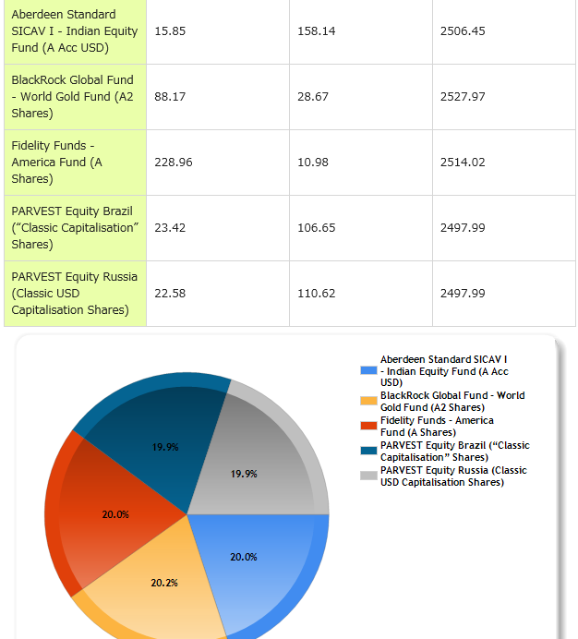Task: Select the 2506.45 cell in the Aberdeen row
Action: pyautogui.click(x=463, y=30)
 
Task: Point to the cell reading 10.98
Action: pyautogui.click(x=313, y=162)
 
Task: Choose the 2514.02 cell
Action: pyautogui.click(x=463, y=162)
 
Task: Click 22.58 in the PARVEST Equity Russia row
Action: pyautogui.click(x=170, y=293)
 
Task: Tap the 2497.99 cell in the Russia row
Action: pyautogui.click(x=463, y=293)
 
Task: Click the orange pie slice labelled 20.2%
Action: pyautogui.click(x=162, y=586)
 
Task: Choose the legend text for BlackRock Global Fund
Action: pyautogui.click(x=452, y=401)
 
